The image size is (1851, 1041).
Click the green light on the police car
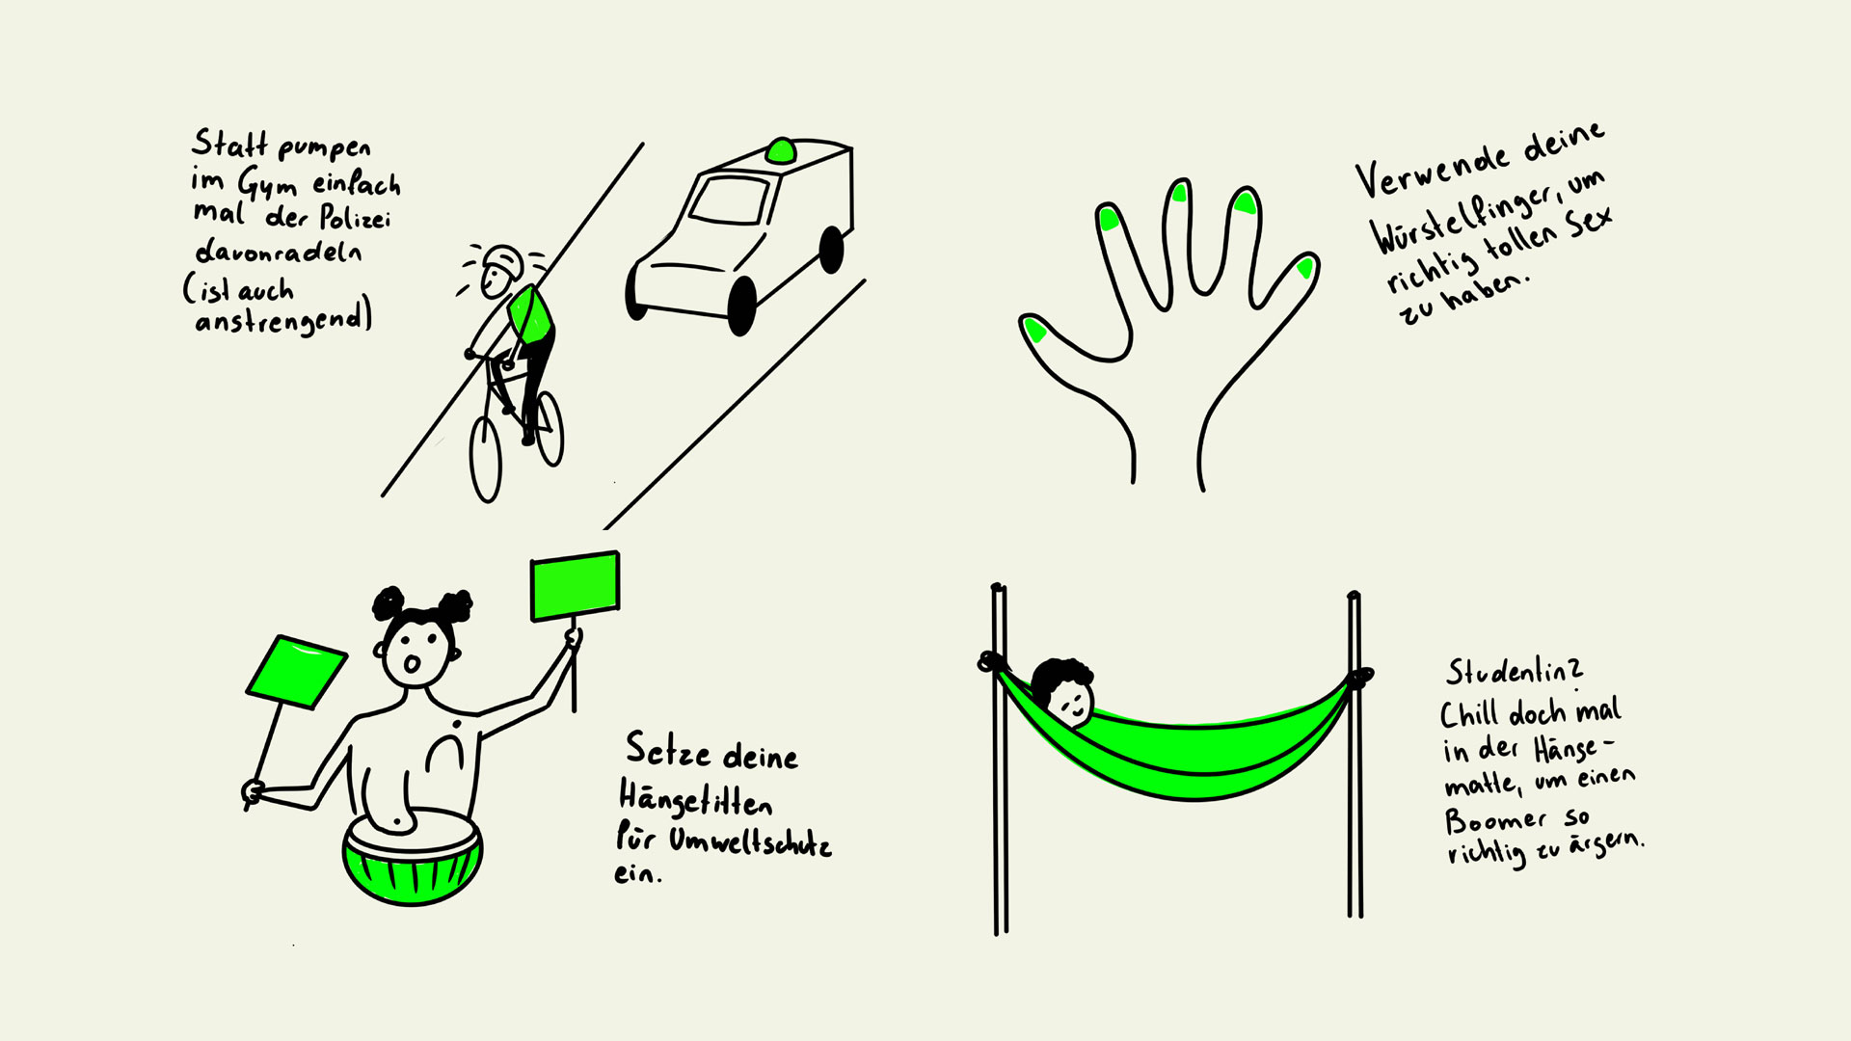(x=781, y=150)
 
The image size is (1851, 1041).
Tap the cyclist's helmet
(x=502, y=259)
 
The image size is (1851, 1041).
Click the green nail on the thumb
(x=1034, y=331)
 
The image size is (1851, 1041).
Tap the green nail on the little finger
(x=1305, y=267)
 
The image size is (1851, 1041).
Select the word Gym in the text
(x=267, y=183)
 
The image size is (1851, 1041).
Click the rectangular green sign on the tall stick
(x=575, y=585)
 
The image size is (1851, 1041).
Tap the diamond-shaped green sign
(x=296, y=672)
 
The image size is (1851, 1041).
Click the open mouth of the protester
(x=411, y=665)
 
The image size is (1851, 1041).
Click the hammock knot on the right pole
(x=1359, y=679)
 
